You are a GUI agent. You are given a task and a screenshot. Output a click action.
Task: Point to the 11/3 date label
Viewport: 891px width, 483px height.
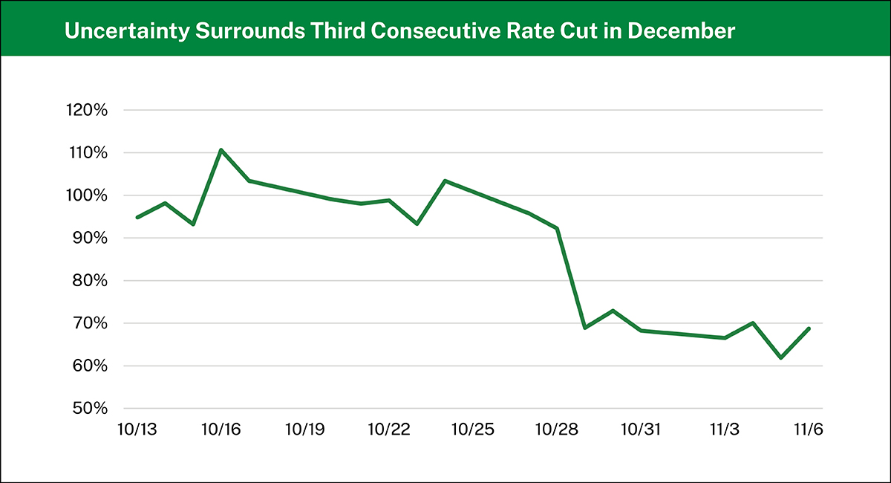click(x=725, y=429)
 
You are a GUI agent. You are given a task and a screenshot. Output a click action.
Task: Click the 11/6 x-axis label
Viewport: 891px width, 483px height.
click(x=809, y=429)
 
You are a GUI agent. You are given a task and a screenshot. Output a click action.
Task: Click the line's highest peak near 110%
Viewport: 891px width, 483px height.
click(x=221, y=150)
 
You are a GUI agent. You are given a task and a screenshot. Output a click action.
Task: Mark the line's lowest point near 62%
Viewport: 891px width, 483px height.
click(x=781, y=357)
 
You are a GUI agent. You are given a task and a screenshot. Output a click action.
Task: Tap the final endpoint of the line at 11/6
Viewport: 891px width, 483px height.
click(x=809, y=328)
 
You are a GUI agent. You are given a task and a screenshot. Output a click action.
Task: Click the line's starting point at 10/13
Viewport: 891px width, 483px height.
click(x=137, y=217)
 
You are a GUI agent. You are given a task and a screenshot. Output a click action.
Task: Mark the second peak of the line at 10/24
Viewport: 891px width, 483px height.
click(x=444, y=181)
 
